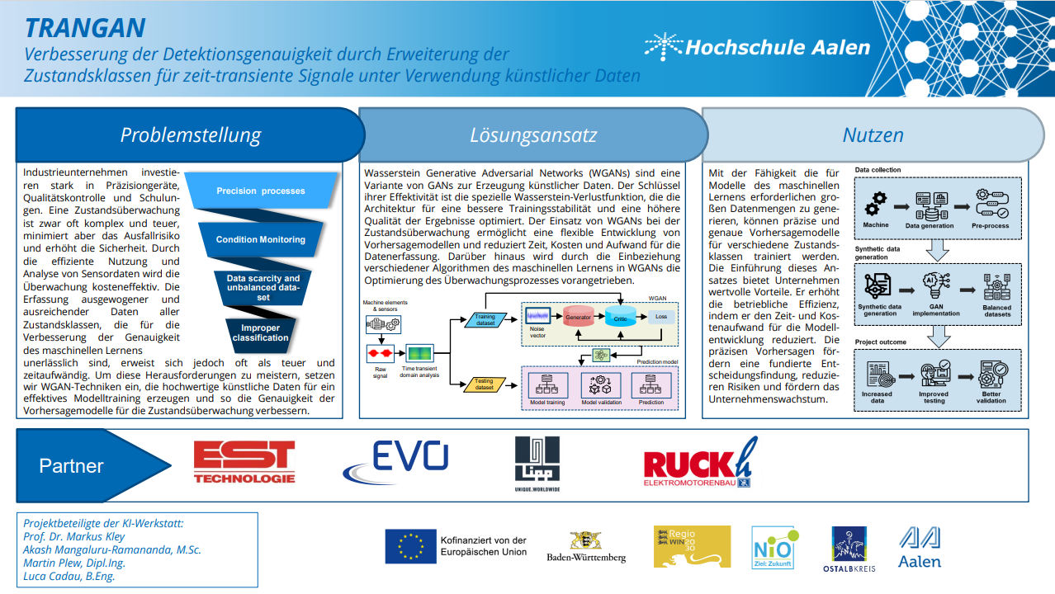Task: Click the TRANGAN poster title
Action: point(85,28)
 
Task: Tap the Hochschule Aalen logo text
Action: point(778,47)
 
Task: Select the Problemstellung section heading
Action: point(190,134)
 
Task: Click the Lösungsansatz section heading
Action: point(532,135)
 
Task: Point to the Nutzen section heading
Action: point(873,134)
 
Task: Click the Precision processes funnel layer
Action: point(261,191)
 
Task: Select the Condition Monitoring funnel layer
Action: point(261,239)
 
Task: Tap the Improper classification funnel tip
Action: point(260,332)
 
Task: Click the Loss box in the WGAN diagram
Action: point(660,316)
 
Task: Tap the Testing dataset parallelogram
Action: point(485,384)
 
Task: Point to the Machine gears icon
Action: point(875,201)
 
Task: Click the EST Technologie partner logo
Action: point(244,462)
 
